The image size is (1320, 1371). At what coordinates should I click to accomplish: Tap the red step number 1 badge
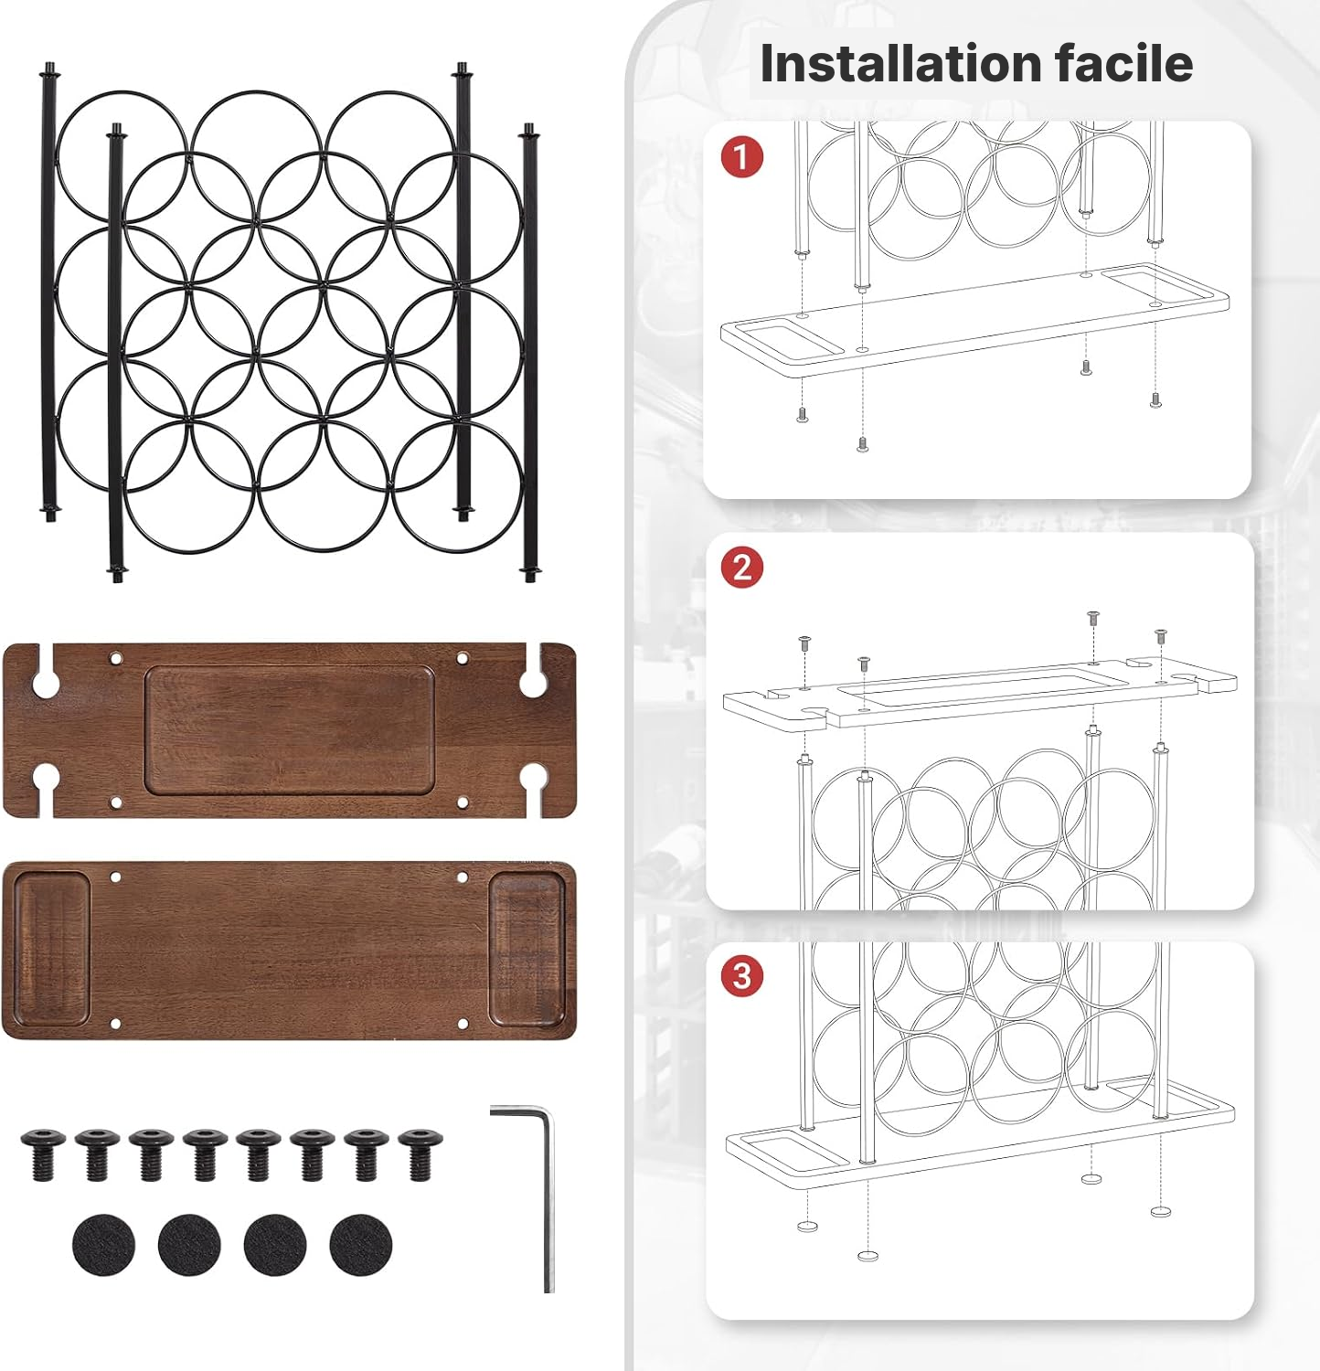[x=741, y=156]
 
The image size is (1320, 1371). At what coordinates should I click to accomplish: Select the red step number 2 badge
[x=741, y=568]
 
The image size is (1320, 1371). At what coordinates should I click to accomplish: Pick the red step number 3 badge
[x=741, y=976]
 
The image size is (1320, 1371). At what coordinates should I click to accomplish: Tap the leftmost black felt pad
[x=103, y=1244]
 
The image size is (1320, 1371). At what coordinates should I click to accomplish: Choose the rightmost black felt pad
[x=361, y=1244]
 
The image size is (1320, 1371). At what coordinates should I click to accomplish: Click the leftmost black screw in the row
[x=43, y=1153]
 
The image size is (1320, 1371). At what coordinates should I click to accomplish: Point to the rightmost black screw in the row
[x=420, y=1153]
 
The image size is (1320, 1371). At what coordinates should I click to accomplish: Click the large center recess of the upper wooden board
[x=289, y=729]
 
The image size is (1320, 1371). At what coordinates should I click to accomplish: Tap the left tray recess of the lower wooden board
[x=51, y=949]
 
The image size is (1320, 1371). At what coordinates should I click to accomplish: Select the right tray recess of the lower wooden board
[x=527, y=949]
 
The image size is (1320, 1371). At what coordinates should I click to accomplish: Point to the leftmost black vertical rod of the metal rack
[x=48, y=292]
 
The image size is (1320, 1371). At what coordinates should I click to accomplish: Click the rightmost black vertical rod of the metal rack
[x=530, y=352]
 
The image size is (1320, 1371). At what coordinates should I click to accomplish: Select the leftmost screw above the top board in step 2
[x=804, y=644]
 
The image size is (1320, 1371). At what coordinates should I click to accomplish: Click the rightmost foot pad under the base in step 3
[x=1160, y=1211]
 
